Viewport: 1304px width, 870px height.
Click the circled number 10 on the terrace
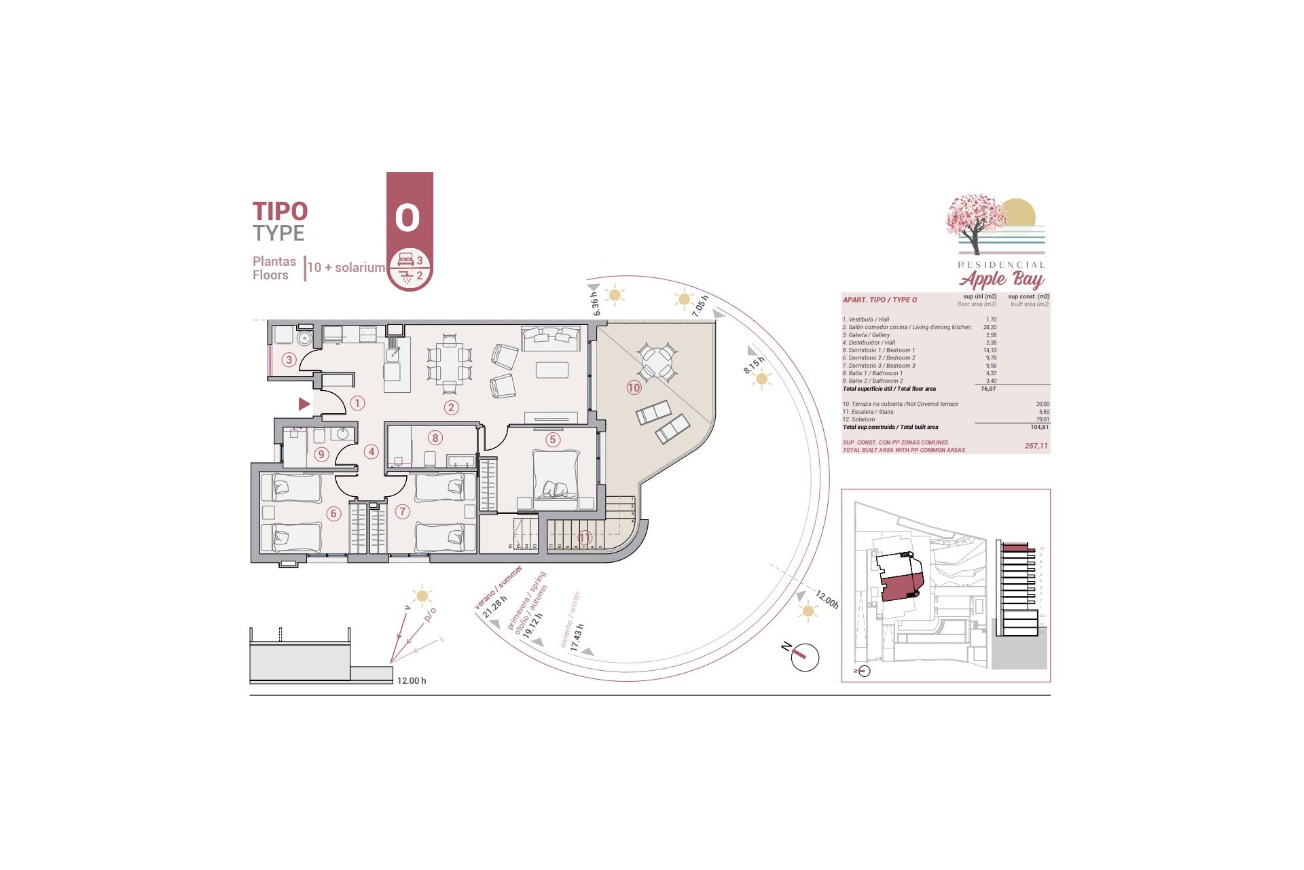click(634, 387)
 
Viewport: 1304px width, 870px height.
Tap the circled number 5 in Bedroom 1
click(552, 440)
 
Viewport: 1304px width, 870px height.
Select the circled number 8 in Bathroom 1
click(435, 438)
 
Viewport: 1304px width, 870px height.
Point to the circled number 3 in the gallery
click(289, 360)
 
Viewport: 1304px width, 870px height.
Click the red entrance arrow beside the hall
click(304, 404)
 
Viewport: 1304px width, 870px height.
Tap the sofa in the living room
click(550, 338)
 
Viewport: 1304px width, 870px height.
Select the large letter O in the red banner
click(407, 217)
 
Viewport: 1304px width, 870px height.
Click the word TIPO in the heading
click(280, 211)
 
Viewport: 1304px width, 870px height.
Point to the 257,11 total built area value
click(1036, 446)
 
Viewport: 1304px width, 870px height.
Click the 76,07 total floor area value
click(988, 389)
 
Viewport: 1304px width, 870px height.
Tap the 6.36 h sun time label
click(595, 304)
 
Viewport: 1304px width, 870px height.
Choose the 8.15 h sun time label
click(753, 365)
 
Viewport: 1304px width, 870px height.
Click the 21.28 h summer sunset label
click(494, 607)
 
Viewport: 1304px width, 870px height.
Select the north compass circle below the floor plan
click(805, 657)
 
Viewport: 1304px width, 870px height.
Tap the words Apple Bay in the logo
click(1001, 279)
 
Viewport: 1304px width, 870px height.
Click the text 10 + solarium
click(346, 268)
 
